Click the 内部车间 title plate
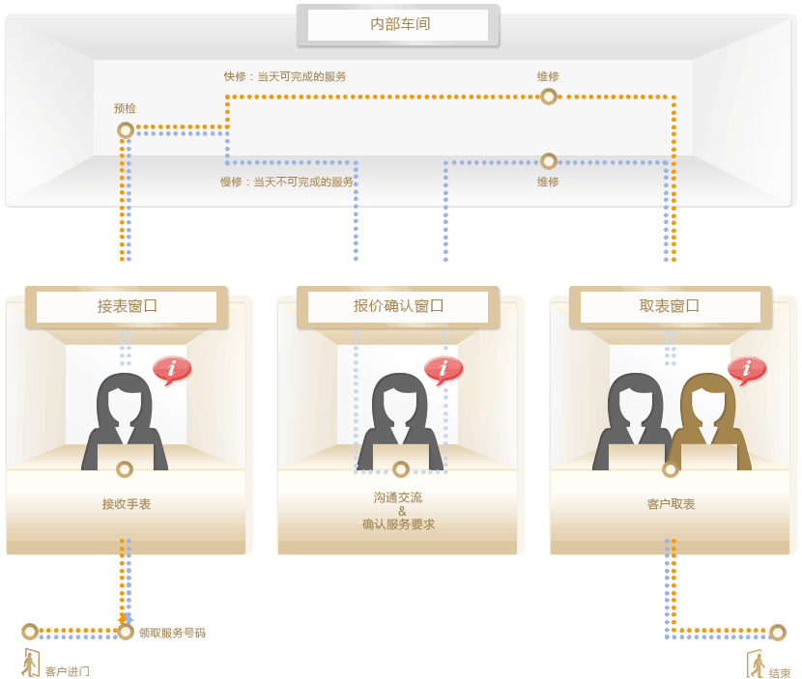pyautogui.click(x=398, y=25)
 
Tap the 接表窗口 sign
pyautogui.click(x=127, y=307)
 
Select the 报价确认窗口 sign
pyautogui.click(x=398, y=307)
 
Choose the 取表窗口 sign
pyautogui.click(x=670, y=307)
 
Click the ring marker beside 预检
pyautogui.click(x=125, y=129)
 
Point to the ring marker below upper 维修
pyautogui.click(x=549, y=96)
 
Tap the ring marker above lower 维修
pyautogui.click(x=549, y=161)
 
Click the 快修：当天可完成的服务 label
pyautogui.click(x=285, y=76)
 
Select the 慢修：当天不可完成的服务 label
pyautogui.click(x=287, y=182)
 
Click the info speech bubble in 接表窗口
pyautogui.click(x=172, y=369)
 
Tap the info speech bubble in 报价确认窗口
pyautogui.click(x=444, y=369)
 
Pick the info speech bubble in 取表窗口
pyautogui.click(x=747, y=369)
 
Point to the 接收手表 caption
pyautogui.click(x=127, y=504)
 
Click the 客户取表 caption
pyautogui.click(x=671, y=504)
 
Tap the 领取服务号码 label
pyautogui.click(x=172, y=633)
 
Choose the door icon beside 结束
pyautogui.click(x=756, y=664)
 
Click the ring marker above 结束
pyautogui.click(x=778, y=633)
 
